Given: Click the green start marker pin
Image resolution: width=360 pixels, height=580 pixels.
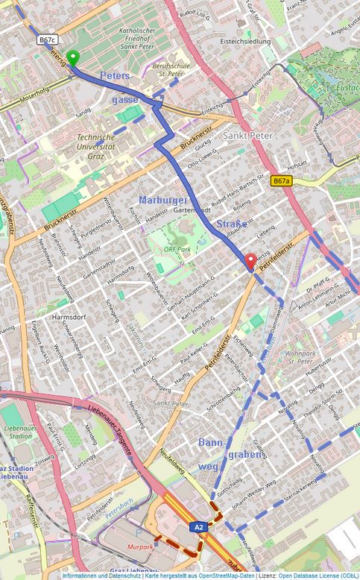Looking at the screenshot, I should click(x=72, y=57).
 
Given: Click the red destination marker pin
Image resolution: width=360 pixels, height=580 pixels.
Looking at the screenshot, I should click(x=251, y=260).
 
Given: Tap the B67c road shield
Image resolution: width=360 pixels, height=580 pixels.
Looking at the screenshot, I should click(x=47, y=40).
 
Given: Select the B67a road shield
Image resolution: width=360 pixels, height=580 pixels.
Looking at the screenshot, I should click(x=281, y=180).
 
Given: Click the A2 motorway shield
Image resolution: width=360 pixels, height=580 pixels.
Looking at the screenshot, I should click(x=198, y=527).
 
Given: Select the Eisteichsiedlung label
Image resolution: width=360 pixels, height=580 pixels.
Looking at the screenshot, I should click(x=245, y=42).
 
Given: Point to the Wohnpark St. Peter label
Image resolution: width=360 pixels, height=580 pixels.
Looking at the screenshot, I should click(x=300, y=357).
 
